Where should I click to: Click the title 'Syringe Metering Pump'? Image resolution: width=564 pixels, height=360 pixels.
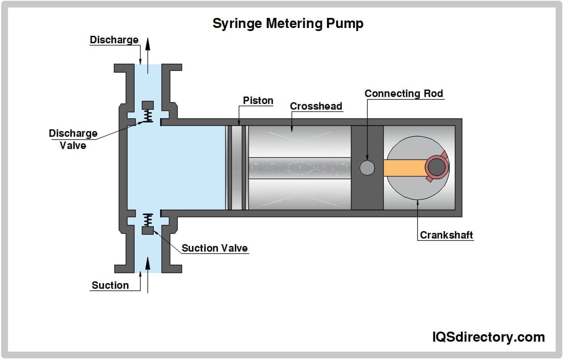(x=288, y=24)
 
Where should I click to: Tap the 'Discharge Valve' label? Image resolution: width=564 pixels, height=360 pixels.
(x=73, y=139)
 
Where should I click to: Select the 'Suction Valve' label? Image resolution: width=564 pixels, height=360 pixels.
(x=214, y=248)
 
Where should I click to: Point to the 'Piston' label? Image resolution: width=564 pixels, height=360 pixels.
(x=258, y=100)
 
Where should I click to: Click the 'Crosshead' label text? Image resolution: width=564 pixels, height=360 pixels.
(x=316, y=106)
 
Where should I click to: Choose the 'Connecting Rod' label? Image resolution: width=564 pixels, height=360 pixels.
(x=403, y=93)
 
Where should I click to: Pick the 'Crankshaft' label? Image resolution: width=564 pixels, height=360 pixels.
(x=446, y=235)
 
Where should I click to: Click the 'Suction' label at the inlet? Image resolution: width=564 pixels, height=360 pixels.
(x=110, y=285)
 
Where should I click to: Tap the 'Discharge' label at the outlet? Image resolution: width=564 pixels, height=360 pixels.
(x=114, y=40)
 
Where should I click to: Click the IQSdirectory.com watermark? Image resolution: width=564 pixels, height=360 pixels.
(x=488, y=337)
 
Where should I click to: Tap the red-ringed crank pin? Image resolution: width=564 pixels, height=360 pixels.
(x=436, y=167)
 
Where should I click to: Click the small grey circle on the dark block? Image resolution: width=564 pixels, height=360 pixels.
(x=367, y=167)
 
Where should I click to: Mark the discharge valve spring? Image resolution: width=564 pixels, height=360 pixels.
(x=148, y=115)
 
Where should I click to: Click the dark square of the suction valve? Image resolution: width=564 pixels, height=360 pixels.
(x=148, y=231)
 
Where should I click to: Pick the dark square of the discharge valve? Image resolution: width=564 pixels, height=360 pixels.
(x=148, y=105)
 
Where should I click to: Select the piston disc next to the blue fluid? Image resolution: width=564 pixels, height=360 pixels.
(x=237, y=167)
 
